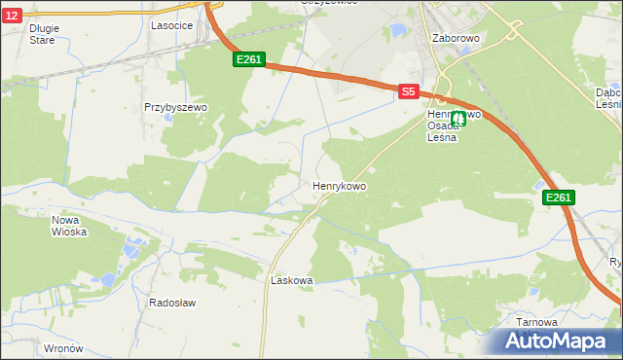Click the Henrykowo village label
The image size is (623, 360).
(x=339, y=185)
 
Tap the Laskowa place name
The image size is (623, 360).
(x=291, y=280)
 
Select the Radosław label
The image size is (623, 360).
(x=172, y=303)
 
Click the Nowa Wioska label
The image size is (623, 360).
(x=69, y=226)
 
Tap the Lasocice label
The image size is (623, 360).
(x=170, y=26)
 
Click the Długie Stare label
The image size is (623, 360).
(x=44, y=34)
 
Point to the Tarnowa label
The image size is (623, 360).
(x=537, y=322)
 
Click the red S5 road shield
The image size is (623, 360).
(x=408, y=91)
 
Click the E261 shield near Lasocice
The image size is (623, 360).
(x=248, y=60)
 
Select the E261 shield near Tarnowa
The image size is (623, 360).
(x=559, y=198)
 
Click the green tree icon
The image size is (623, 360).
(x=458, y=119)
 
